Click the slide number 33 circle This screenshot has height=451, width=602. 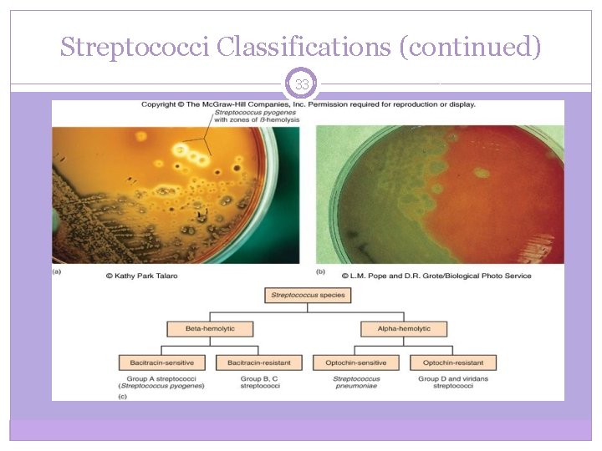302,84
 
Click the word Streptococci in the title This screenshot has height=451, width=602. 134,47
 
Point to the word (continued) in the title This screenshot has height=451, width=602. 471,47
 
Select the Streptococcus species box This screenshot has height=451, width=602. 307,295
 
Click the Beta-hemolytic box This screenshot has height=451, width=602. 210,328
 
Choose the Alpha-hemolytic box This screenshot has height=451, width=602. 404,328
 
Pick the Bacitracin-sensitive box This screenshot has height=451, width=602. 161,362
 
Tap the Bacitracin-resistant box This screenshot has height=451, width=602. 258,362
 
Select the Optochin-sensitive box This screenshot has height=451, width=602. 355,362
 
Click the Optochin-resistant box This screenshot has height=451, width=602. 453,362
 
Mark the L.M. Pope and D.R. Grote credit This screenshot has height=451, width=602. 435,276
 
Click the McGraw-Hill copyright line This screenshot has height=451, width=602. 308,104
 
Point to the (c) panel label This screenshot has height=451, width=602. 57,396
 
